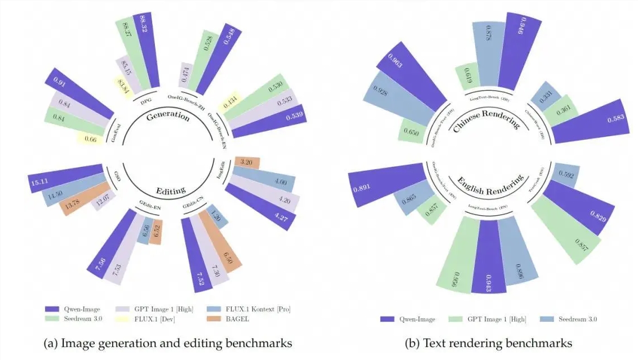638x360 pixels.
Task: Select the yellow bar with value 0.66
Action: (90, 139)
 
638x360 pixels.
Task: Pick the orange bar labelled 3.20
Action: (247, 163)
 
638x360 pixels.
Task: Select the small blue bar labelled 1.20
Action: (217, 216)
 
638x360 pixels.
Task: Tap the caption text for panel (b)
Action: (488, 343)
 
